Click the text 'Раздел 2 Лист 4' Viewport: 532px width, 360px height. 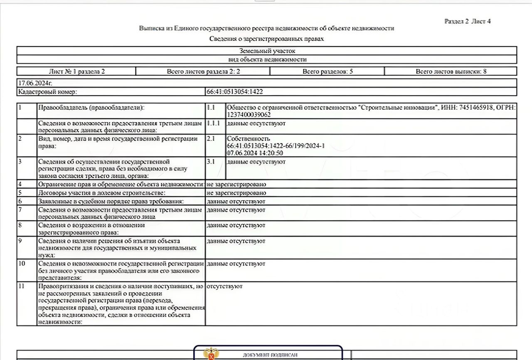tap(467, 22)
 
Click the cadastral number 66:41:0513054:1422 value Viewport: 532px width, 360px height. tap(234, 91)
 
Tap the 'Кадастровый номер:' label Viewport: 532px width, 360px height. tap(47, 91)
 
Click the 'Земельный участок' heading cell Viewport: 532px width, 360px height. tap(267, 51)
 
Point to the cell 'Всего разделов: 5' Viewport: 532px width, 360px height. tap(328, 72)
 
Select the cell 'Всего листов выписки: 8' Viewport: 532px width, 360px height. tap(451, 72)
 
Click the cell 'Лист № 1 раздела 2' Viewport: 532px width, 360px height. tap(77, 72)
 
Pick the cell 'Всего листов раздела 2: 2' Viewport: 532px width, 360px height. tap(203, 72)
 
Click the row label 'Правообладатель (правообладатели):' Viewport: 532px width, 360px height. tap(91, 108)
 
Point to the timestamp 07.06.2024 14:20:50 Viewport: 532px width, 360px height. tap(255, 153)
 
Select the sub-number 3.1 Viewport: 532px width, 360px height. tap(211, 162)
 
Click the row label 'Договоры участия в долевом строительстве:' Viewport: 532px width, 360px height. tap(102, 193)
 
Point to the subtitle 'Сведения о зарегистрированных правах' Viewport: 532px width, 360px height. tap(266, 39)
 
